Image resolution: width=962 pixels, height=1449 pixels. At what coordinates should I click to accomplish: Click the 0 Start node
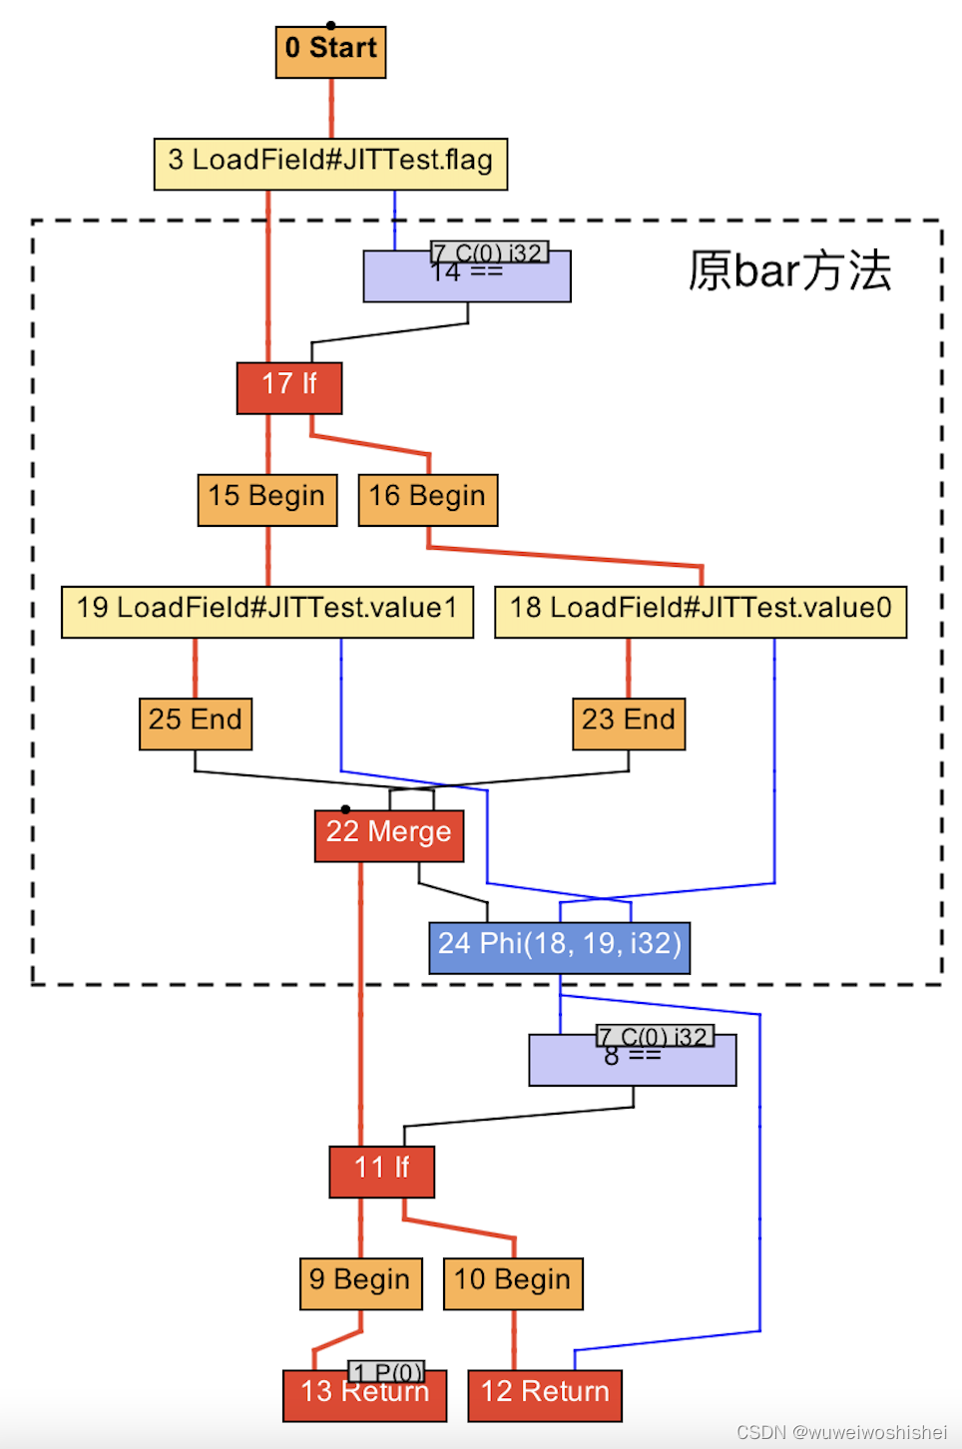coord(330,52)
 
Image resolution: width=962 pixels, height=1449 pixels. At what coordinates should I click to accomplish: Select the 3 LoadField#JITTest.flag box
coord(330,164)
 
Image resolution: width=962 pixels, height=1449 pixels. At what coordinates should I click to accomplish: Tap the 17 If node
coord(289,388)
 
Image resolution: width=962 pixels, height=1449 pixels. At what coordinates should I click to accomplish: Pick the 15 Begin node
coord(267,500)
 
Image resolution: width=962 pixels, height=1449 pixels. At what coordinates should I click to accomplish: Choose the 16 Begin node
coord(427,500)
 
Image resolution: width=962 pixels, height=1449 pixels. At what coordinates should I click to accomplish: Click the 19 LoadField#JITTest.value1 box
coord(267,612)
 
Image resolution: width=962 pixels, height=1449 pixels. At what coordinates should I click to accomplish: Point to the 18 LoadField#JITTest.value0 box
coord(701,612)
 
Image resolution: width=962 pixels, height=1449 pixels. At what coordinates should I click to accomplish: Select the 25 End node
coord(196,724)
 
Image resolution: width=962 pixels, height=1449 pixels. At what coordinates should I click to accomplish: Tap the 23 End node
coord(629,724)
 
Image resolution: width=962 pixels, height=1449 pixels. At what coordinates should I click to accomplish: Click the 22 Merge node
coord(389,835)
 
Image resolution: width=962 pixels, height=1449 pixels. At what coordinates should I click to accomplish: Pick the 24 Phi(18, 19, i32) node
coord(559,947)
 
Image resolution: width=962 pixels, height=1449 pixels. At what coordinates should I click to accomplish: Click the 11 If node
coord(381,1172)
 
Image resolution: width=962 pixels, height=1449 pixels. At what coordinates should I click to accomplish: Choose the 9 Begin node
coord(360,1283)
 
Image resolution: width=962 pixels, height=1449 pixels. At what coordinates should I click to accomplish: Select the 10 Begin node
coord(513,1283)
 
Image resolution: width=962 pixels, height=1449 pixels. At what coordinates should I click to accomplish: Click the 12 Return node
coord(545,1395)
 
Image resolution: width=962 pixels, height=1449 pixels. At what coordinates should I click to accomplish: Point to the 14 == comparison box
coord(466,281)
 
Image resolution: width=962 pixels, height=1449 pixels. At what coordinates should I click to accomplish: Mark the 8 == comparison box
coord(632,1066)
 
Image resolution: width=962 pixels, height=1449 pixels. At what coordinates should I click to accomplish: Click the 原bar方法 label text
coord(789,270)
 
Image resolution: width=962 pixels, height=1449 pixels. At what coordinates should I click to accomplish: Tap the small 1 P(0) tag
coord(386,1372)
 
